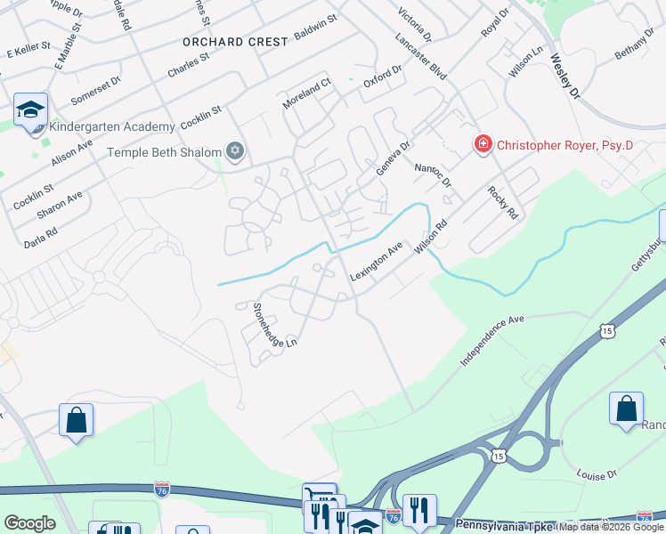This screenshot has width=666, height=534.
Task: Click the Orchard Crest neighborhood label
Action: pos(235,42)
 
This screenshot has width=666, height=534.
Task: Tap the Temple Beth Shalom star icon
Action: pos(235,151)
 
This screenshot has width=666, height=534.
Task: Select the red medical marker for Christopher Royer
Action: pos(483,144)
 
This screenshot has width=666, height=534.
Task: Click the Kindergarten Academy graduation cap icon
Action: pos(30,110)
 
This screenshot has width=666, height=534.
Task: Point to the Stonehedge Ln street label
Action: pos(273,325)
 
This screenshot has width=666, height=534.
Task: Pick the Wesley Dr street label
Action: pos(564,77)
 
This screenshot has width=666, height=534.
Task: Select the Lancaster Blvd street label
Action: pos(423,59)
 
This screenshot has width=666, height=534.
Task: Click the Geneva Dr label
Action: pos(393,158)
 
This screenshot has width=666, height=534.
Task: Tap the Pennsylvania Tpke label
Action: pos(505,525)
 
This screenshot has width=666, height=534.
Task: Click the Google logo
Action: pos(29,523)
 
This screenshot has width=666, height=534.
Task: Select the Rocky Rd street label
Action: pos(502,203)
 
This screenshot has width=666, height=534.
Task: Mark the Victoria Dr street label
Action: pos(415,26)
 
